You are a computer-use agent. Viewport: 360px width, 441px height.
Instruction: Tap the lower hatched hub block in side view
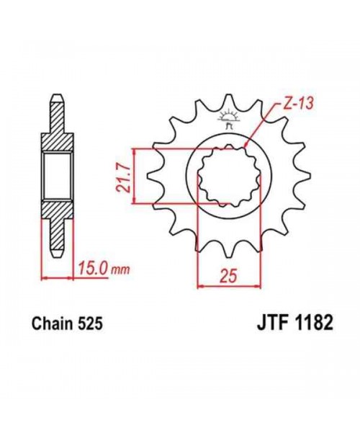click(58, 213)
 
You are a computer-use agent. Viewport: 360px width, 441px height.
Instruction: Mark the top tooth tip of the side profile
click(58, 97)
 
